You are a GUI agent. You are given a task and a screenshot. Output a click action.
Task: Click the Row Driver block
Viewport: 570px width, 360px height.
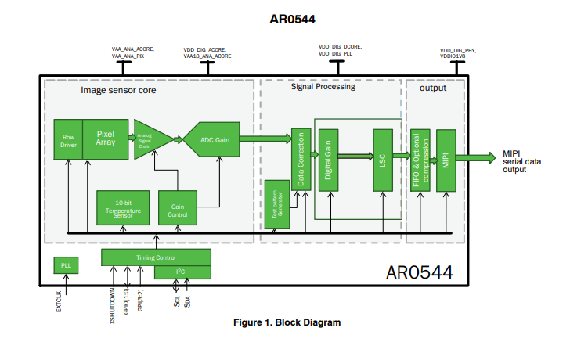68,141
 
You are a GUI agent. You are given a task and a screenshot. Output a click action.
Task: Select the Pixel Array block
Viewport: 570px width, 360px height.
105,139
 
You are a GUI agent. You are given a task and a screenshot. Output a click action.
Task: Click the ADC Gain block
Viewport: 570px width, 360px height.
215,140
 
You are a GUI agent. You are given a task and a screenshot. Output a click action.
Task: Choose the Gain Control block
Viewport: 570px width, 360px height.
177,207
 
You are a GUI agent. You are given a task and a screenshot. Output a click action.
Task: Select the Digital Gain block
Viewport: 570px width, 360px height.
328,160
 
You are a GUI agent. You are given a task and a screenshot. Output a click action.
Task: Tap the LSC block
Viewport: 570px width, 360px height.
382,160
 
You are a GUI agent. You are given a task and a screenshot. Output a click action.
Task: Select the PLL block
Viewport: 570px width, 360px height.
67,266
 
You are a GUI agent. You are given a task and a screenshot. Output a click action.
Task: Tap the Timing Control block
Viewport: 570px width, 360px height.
156,257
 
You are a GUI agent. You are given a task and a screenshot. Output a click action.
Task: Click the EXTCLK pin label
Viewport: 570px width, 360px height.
60,301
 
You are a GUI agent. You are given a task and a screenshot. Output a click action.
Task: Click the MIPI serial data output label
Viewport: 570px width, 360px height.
520,161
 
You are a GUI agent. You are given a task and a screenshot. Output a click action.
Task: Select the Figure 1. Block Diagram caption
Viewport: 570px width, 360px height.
287,322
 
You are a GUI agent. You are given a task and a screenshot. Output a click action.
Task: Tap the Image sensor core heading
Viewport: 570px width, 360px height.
117,90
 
